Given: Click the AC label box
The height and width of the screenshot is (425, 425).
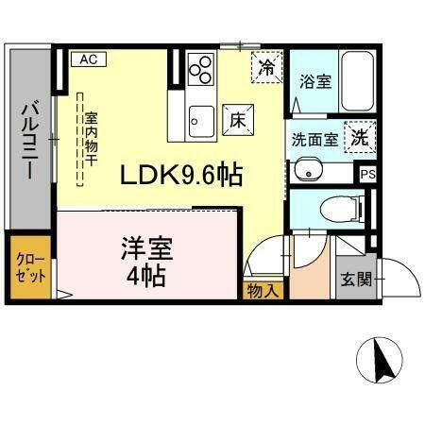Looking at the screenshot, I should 89,59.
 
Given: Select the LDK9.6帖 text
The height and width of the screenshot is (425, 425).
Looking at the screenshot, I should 180,175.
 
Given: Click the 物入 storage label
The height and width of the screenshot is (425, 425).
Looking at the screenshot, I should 263,290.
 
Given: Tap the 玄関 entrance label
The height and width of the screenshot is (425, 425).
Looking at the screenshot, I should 357,280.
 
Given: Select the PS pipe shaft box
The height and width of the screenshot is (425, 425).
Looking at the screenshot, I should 367,174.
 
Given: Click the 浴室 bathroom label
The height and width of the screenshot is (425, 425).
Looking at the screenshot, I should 314,81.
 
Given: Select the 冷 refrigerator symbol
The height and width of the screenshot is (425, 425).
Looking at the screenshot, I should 268,67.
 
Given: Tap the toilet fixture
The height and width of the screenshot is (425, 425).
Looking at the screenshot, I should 341,207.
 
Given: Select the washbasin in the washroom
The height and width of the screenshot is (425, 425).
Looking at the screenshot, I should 308,171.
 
